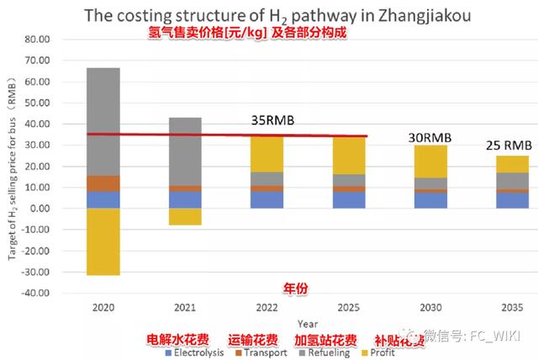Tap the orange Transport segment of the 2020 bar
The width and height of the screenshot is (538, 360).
pyautogui.click(x=104, y=183)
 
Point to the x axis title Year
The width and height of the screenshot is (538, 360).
pyautogui.click(x=308, y=323)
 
